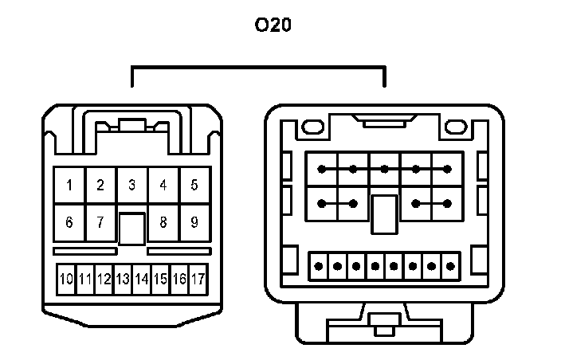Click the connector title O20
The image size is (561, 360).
[273, 26]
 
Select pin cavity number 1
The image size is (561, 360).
[69, 186]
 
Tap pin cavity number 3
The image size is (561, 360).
[131, 186]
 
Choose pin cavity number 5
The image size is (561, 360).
[194, 186]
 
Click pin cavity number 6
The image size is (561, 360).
[69, 222]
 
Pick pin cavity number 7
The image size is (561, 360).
[100, 222]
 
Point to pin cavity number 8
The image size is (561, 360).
[163, 222]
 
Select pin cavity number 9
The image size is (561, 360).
[194, 222]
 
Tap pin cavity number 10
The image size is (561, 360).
[66, 280]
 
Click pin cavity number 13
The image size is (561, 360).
[122, 280]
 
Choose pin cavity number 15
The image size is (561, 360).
[160, 280]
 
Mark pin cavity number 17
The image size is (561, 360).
[198, 280]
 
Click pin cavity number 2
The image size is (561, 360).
[100, 186]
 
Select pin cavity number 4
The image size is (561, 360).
[163, 186]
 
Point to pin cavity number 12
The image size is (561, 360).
[104, 280]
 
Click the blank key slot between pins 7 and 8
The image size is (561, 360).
[131, 229]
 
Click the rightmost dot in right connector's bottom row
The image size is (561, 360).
[452, 265]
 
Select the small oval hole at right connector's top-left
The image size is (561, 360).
[311, 127]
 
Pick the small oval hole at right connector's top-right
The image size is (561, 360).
[457, 127]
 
